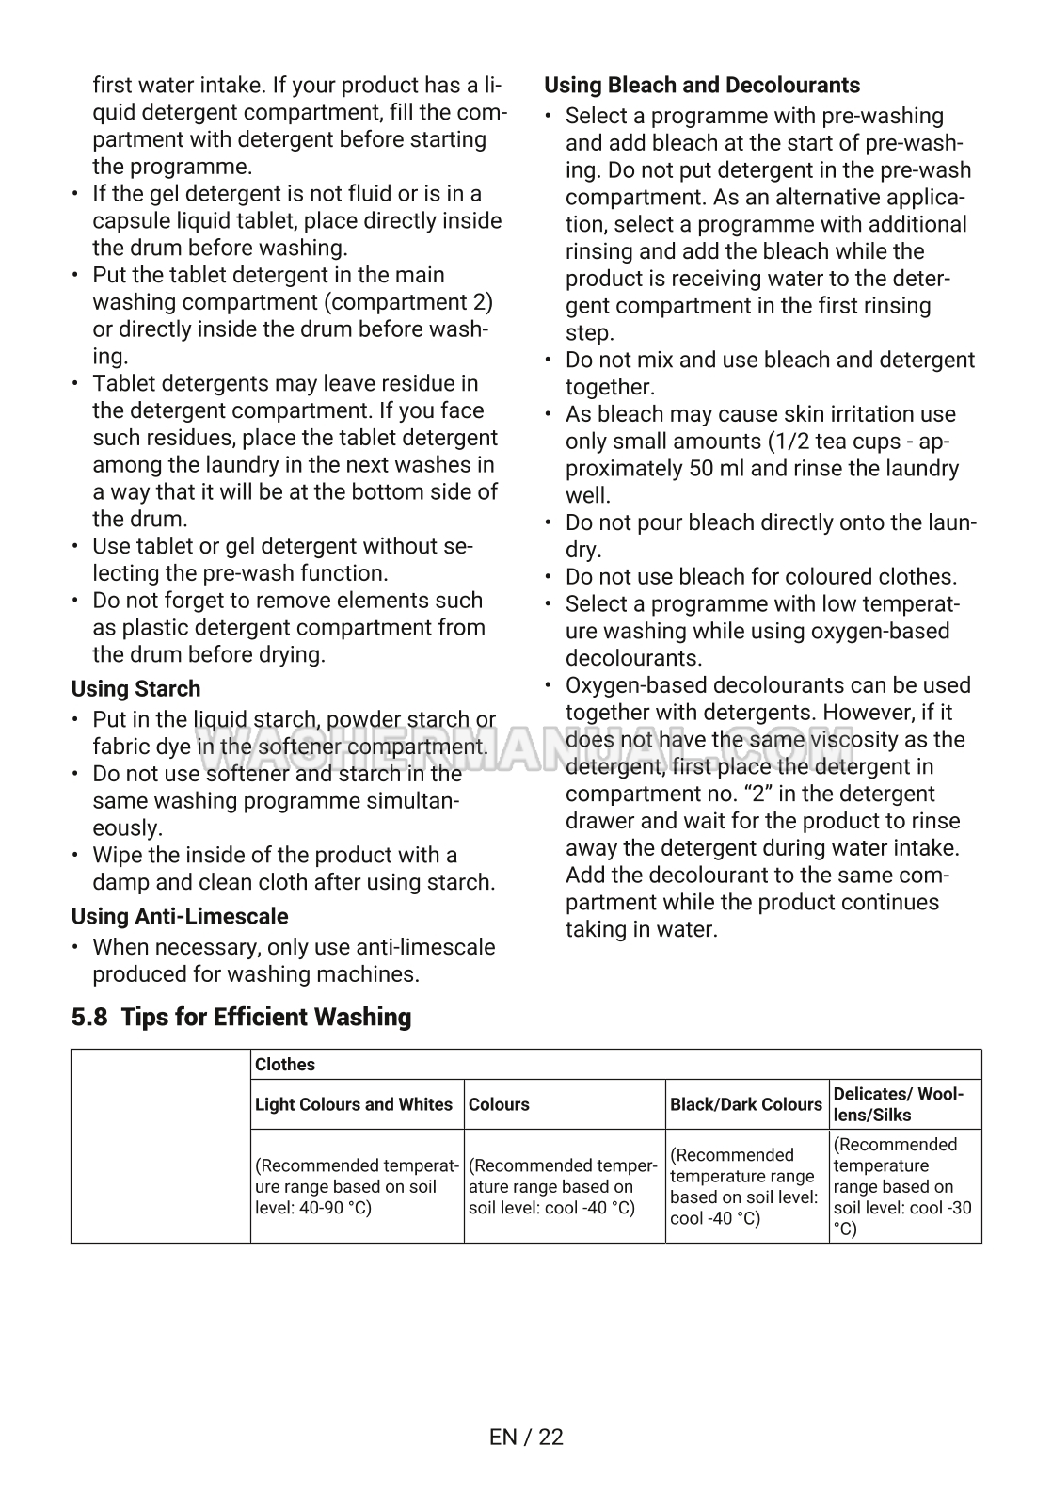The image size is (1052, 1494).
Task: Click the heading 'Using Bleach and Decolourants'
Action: (702, 86)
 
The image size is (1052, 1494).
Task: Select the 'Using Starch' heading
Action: (135, 689)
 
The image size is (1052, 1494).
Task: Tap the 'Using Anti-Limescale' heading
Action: (180, 917)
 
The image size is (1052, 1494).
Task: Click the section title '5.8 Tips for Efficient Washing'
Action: (241, 1018)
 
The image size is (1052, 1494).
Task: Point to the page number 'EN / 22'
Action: (526, 1438)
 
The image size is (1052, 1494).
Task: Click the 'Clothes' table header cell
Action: (285, 1065)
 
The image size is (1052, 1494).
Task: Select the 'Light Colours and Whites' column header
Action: (354, 1105)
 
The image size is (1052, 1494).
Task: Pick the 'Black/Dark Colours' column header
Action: (746, 1105)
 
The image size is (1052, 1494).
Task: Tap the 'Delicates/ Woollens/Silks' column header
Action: (899, 1104)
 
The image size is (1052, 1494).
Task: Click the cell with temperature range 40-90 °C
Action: (357, 1187)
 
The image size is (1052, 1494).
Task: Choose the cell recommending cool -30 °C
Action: (903, 1187)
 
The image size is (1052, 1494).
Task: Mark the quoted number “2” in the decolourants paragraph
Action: (740, 795)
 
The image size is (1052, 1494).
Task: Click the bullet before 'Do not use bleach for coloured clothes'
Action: (549, 577)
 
